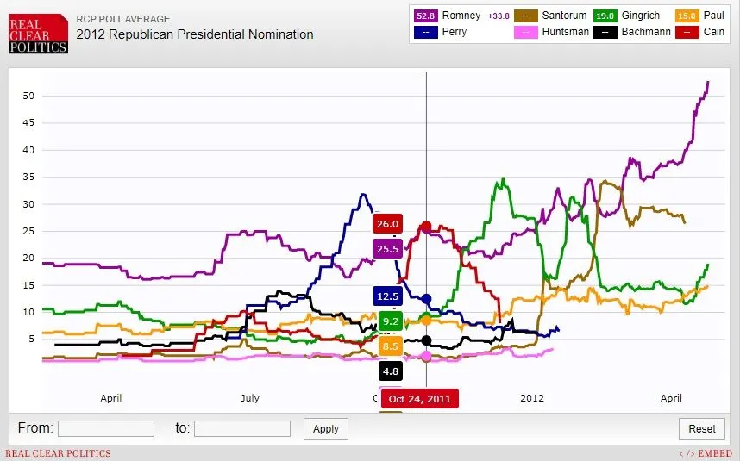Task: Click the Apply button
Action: [x=326, y=428]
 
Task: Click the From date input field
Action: [x=106, y=428]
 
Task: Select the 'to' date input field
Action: [x=242, y=428]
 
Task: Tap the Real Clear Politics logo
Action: [x=37, y=33]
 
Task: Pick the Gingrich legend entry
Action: [x=630, y=16]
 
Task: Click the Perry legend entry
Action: [x=448, y=33]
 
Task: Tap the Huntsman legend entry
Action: [x=551, y=33]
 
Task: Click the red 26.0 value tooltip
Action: [x=387, y=224]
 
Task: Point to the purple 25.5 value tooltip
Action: [x=387, y=249]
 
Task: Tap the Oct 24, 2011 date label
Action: [x=419, y=399]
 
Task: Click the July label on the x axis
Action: [x=249, y=398]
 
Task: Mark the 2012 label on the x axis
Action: [x=532, y=398]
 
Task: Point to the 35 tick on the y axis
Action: [x=29, y=178]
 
